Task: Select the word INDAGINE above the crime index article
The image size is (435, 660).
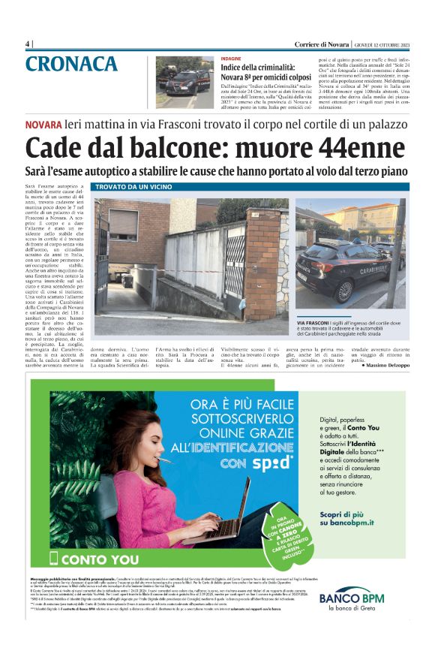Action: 231,58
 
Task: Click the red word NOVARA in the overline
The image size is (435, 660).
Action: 43,124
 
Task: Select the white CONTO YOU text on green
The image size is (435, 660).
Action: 97,559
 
